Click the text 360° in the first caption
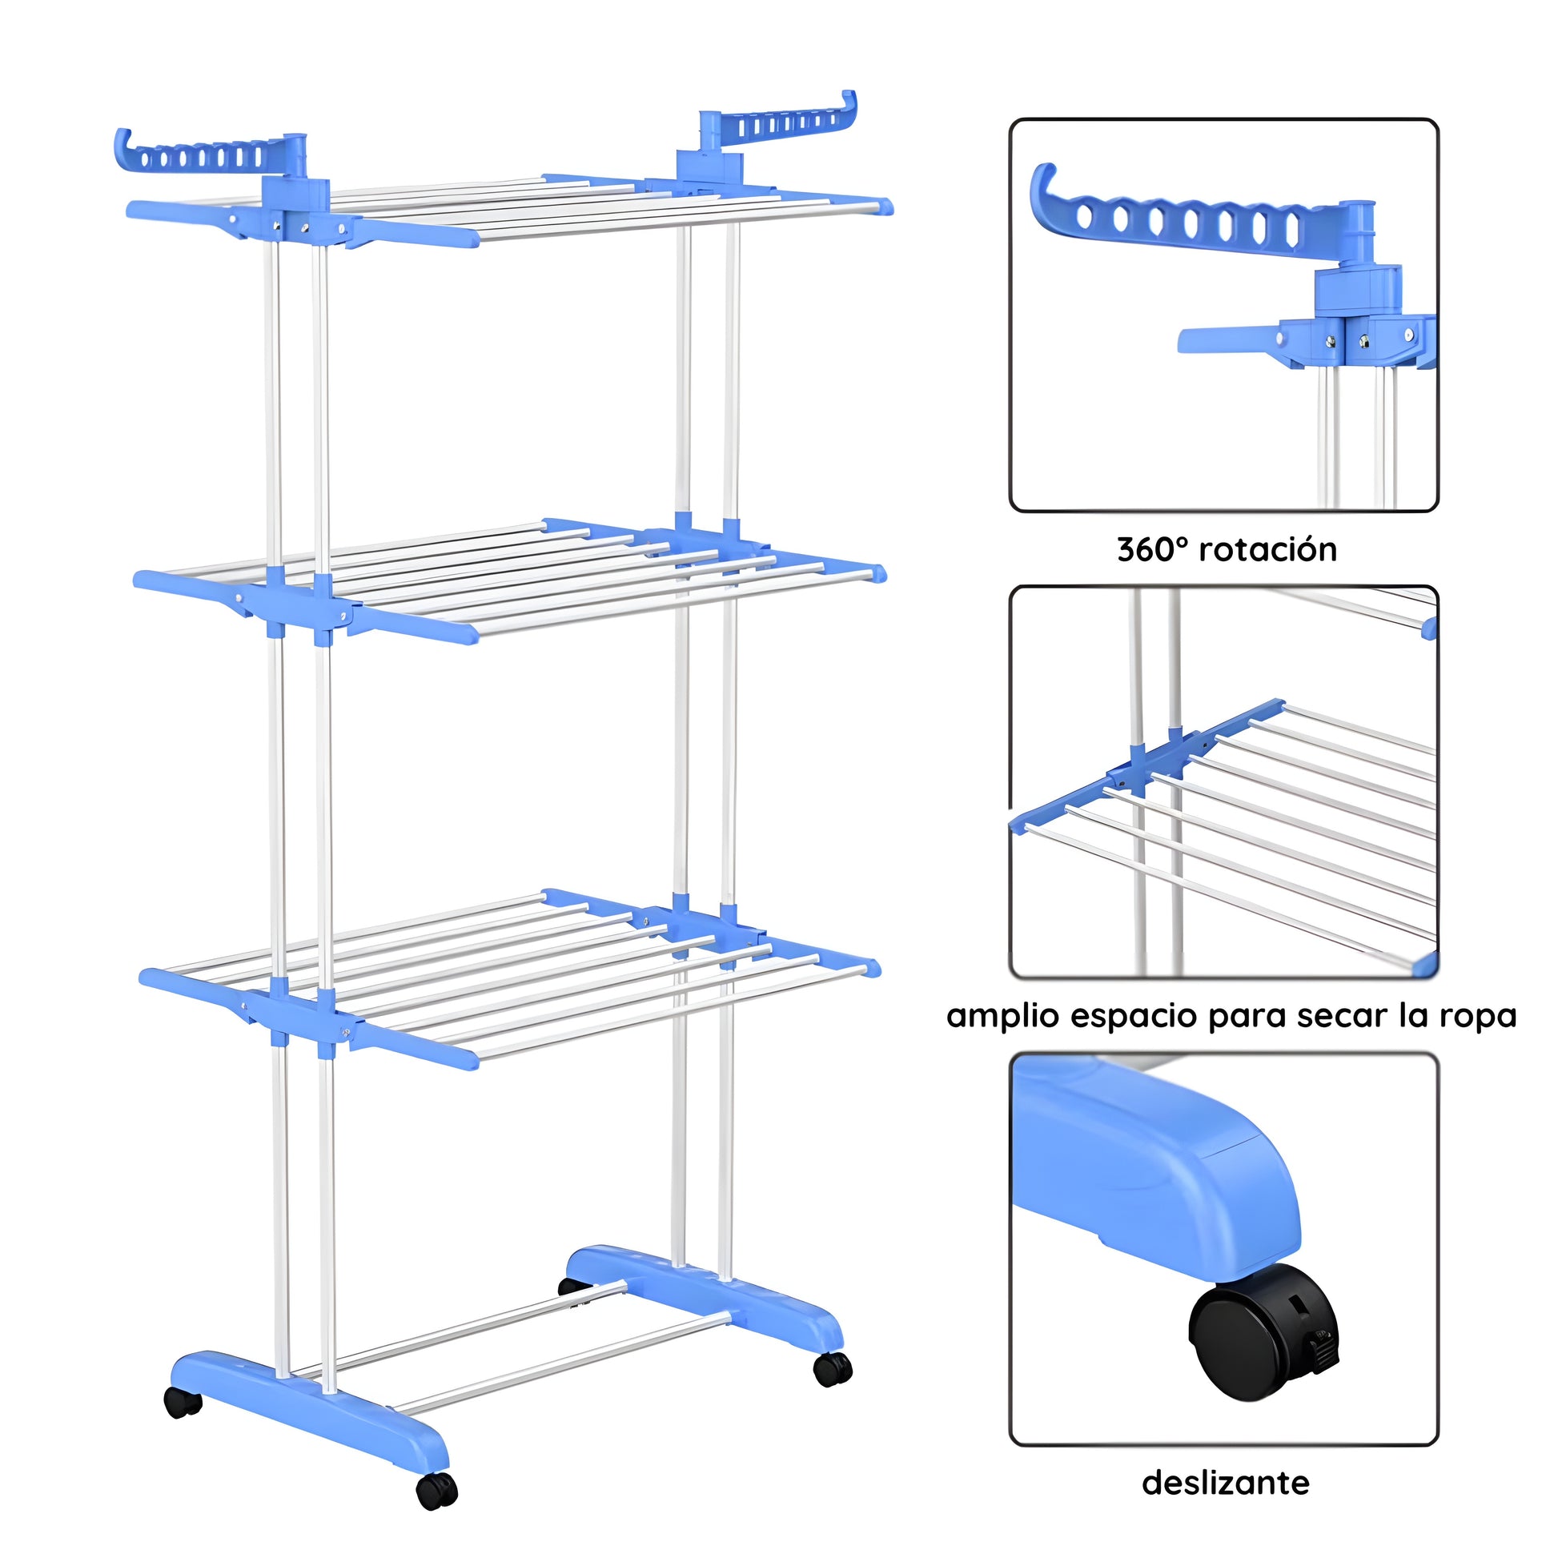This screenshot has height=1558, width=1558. [x=1153, y=549]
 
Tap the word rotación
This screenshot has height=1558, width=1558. [x=1268, y=549]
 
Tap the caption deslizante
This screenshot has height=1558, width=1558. [x=1225, y=1483]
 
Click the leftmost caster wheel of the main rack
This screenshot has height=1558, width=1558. [x=183, y=1403]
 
